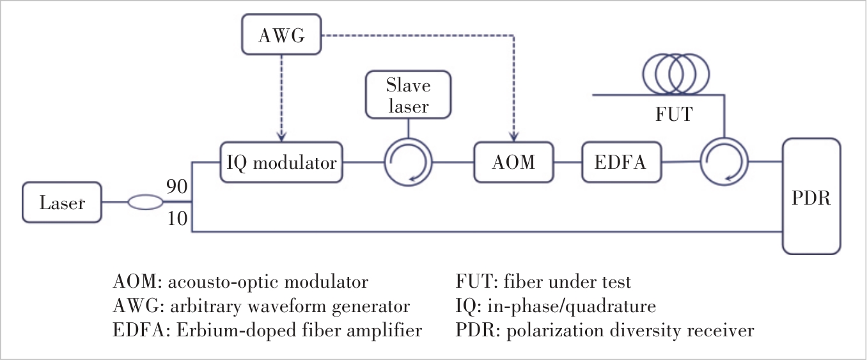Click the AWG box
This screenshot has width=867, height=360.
pyautogui.click(x=281, y=36)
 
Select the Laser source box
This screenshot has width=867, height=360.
pyautogui.click(x=61, y=203)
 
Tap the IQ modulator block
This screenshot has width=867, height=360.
pyautogui.click(x=281, y=162)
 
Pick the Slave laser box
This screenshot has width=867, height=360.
pyautogui.click(x=408, y=95)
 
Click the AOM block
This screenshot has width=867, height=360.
pyautogui.click(x=513, y=162)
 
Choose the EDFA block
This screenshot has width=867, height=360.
pyautogui.click(x=621, y=162)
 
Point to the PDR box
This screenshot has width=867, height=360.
pyautogui.click(x=811, y=198)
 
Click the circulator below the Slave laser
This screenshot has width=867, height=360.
pyautogui.click(x=408, y=162)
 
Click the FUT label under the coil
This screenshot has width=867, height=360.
pyautogui.click(x=675, y=116)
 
